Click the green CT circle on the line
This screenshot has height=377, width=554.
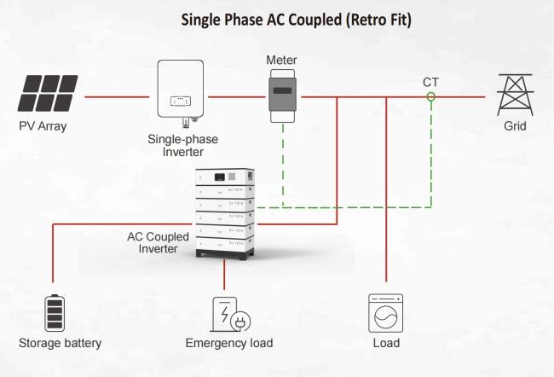coord(431,97)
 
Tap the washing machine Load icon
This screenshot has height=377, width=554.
coord(385,312)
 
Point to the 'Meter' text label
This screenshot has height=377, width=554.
coord(281,61)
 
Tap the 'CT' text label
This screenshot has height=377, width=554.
coord(431,82)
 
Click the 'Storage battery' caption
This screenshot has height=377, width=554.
coord(60,343)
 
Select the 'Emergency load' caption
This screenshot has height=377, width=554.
coord(229,343)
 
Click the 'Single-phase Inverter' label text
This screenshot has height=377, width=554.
coord(181,145)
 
